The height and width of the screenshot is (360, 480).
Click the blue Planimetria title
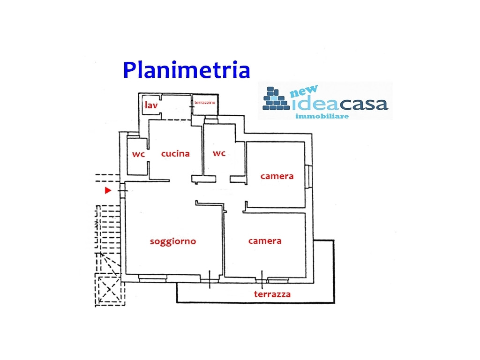pyautogui.click(x=186, y=70)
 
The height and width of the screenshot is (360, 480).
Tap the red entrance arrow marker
pyautogui.click(x=108, y=190)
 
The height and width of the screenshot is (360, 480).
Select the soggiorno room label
pyautogui.click(x=172, y=241)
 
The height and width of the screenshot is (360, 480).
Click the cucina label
pyautogui.click(x=175, y=153)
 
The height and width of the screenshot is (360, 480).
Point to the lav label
pyautogui.click(x=151, y=105)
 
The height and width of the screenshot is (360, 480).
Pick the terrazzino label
pyautogui.click(x=205, y=102)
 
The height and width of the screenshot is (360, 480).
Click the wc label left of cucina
pyautogui.click(x=138, y=154)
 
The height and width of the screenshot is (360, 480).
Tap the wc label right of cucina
pyautogui.click(x=219, y=153)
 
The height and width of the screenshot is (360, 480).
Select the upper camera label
pyautogui.click(x=277, y=176)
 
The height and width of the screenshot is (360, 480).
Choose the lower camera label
pyautogui.click(x=265, y=240)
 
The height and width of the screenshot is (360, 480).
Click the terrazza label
pyautogui.click(x=272, y=294)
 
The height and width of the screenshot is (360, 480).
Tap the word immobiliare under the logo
pyautogui.click(x=322, y=116)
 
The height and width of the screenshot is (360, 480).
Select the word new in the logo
pyautogui.click(x=306, y=91)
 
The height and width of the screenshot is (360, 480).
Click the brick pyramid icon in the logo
pyautogui.click(x=276, y=99)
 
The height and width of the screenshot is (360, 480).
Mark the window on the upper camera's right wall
pyautogui.click(x=308, y=176)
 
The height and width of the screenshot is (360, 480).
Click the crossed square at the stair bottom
pyautogui.click(x=110, y=290)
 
